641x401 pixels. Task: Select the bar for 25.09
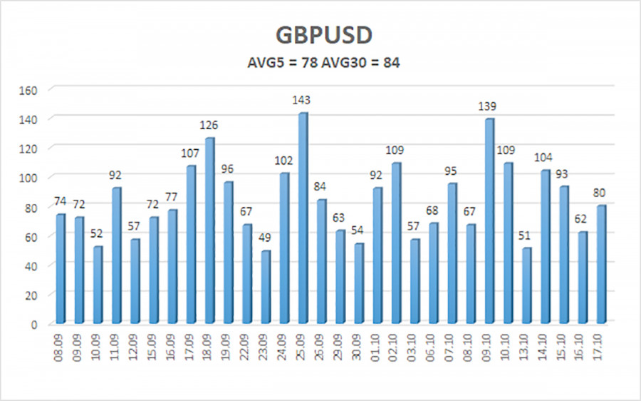pos(303,218)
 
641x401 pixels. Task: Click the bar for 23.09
pos(266,286)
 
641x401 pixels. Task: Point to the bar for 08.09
pos(61,268)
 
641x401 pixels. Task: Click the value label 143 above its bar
pos(303,100)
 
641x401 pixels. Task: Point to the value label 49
pos(264,238)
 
